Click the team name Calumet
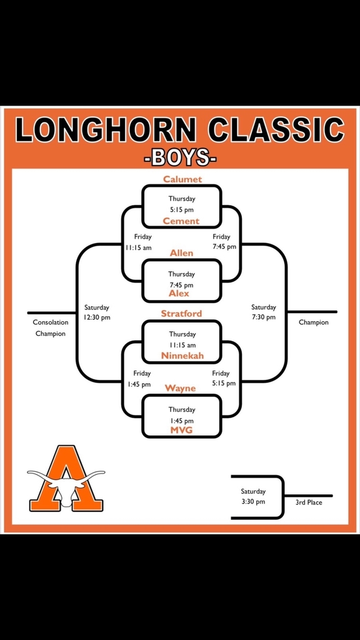(182, 179)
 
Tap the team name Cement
(181, 221)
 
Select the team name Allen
(182, 253)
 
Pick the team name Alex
(179, 294)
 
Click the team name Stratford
(182, 314)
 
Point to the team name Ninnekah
(182, 356)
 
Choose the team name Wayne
(181, 388)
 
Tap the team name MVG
(182, 430)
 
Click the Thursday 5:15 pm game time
(182, 204)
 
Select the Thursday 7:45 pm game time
(182, 279)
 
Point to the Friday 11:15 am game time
(139, 242)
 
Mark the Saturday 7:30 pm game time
(263, 312)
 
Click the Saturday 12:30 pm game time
(97, 312)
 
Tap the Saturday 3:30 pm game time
(253, 496)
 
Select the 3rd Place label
(309, 502)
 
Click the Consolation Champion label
(51, 327)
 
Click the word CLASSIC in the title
(276, 130)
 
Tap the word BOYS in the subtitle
(180, 157)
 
